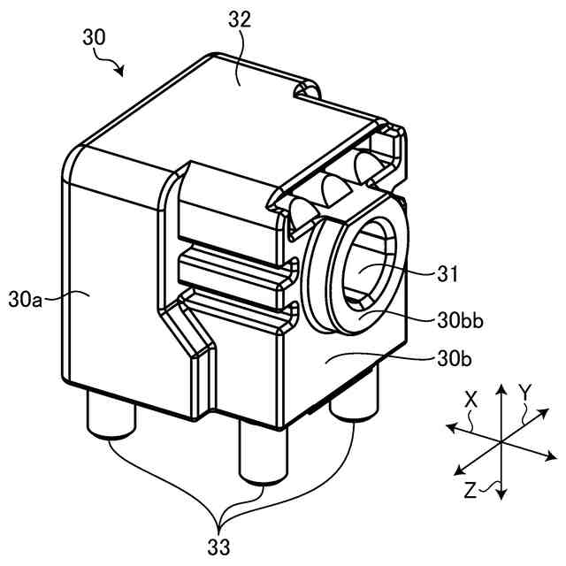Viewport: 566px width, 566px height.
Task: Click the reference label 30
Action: (x=94, y=37)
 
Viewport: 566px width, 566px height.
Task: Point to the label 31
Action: (x=449, y=274)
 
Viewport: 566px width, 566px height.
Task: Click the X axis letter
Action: (x=470, y=400)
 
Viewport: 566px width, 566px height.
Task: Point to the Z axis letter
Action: (x=470, y=488)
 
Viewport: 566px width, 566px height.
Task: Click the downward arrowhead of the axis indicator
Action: (x=501, y=495)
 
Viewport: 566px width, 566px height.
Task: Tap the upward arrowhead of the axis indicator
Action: (x=501, y=389)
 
